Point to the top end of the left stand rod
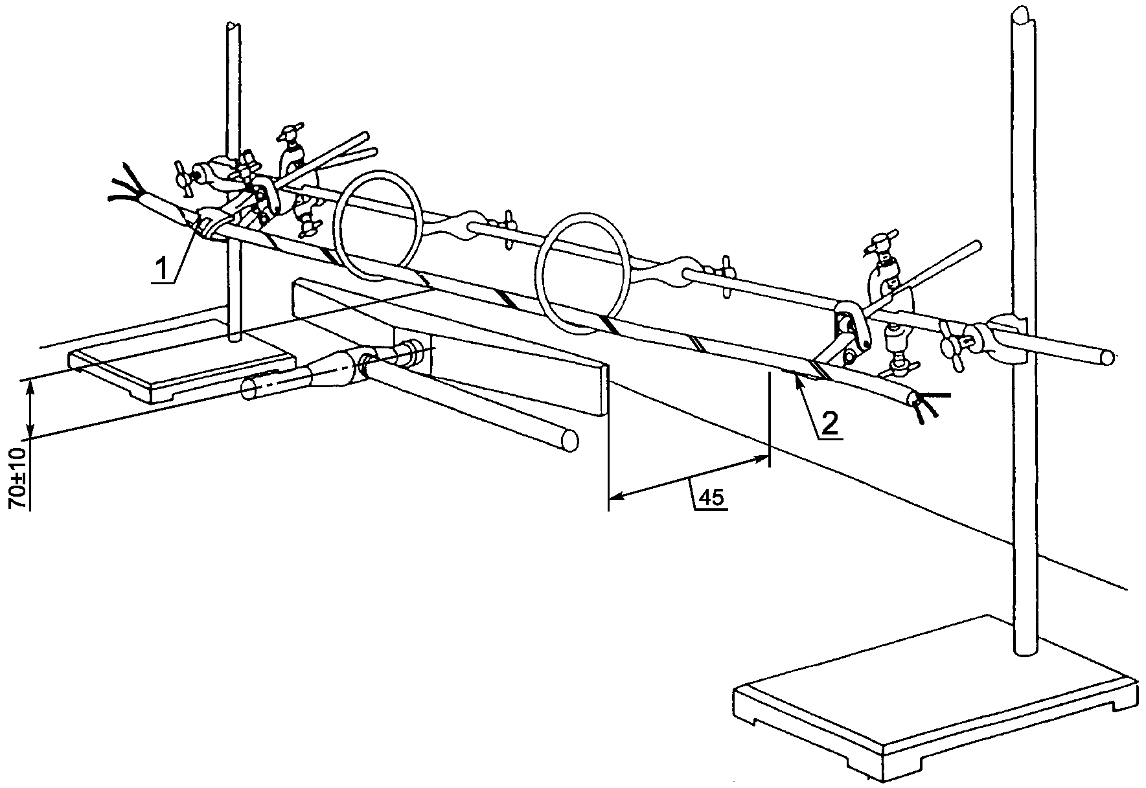click(x=232, y=27)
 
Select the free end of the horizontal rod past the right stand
click(x=1107, y=357)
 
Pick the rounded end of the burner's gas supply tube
click(x=569, y=440)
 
